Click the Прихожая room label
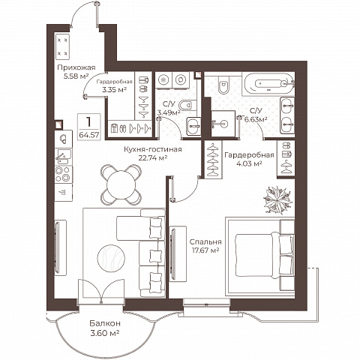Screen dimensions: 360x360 [x=76, y=67]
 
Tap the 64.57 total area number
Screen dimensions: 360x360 [x=89, y=135]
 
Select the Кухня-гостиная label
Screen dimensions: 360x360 [x=153, y=149]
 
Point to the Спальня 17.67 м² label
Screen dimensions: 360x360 [x=205, y=246]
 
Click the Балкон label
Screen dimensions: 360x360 [x=105, y=323]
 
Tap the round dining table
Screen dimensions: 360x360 [x=121, y=184]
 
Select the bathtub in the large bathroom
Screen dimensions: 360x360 [x=268, y=84]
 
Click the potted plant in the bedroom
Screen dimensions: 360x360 [x=277, y=199]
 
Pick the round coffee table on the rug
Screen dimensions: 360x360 [x=111, y=257]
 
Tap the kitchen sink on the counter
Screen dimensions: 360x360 [x=64, y=157]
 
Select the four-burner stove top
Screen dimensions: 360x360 [x=64, y=174]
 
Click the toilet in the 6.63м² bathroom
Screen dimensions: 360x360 [x=223, y=84]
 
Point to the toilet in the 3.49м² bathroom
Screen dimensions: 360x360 [x=186, y=105]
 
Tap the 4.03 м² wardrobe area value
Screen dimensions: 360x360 [x=249, y=163]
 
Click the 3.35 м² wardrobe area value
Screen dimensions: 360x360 [x=114, y=89]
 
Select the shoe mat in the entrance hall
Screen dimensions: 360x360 [x=62, y=46]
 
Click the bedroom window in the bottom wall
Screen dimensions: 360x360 [x=206, y=302]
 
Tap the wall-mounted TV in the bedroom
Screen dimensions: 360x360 [x=172, y=253]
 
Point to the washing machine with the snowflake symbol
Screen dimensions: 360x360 [x=163, y=80]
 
